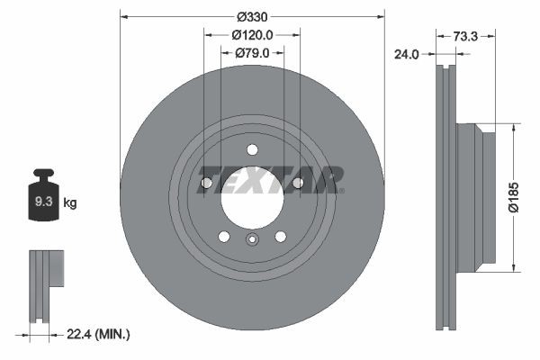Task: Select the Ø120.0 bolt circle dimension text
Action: point(252,35)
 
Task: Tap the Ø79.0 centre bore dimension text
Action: point(253,53)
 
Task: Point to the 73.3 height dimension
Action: point(465,36)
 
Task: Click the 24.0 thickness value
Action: point(408,54)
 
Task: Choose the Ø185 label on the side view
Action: point(513,196)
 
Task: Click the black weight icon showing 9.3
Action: point(43,198)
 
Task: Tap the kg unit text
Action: point(70,203)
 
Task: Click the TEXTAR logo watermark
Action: point(270,179)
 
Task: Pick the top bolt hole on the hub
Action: point(252,150)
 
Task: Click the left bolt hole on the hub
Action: point(206,184)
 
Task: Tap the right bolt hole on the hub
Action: point(298,184)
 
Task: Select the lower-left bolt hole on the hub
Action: point(223,236)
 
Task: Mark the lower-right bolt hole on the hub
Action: point(281,236)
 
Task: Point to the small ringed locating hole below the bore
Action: point(252,239)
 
